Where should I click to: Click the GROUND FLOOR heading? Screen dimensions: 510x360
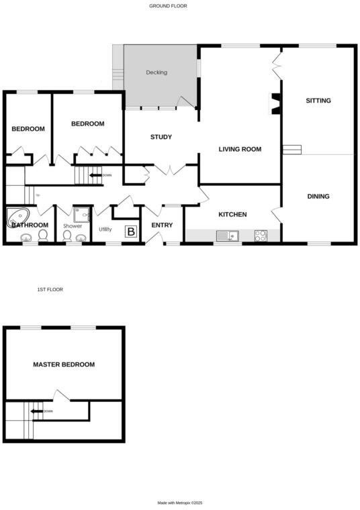[x=168, y=5]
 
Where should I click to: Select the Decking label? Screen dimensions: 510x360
[x=156, y=72]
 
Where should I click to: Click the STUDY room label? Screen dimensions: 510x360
[x=161, y=137]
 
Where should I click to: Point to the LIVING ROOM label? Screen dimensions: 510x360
[x=240, y=149]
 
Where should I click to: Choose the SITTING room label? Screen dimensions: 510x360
[x=318, y=101]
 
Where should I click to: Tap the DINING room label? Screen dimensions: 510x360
[x=318, y=197]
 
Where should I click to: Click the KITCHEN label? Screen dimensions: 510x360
[x=232, y=215]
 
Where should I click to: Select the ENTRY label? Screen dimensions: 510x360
[x=162, y=225]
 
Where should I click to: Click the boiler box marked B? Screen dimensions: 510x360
[x=132, y=232]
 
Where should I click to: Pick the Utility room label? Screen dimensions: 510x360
[x=105, y=229]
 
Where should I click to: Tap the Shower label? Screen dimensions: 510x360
[x=73, y=226]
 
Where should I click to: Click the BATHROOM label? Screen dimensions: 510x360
[x=30, y=225]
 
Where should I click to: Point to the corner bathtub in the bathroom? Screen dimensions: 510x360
[x=18, y=217]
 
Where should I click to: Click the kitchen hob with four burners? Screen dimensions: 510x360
[x=261, y=236]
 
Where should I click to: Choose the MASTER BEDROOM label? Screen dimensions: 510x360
[x=64, y=364]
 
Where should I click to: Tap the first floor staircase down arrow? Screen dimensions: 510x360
[x=38, y=411]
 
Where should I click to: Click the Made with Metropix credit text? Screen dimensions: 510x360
[x=180, y=503]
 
